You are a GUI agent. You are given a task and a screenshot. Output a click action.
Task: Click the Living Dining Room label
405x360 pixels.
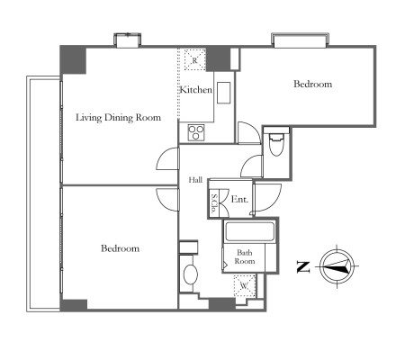click(x=118, y=118)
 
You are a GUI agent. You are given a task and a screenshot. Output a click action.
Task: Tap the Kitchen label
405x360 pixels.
click(x=196, y=89)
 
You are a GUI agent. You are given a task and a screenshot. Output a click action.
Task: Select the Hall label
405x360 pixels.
click(x=195, y=180)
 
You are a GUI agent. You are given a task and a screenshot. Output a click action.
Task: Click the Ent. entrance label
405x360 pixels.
click(x=239, y=199)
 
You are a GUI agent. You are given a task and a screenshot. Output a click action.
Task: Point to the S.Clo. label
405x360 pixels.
click(x=214, y=203)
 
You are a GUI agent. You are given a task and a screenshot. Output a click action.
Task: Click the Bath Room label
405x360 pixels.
click(x=245, y=256)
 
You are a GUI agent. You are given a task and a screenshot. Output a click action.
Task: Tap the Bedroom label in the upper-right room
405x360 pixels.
click(x=312, y=84)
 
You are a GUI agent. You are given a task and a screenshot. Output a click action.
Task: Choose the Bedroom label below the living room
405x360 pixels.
click(x=120, y=248)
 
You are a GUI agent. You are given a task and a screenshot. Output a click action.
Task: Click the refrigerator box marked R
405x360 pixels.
click(x=194, y=59)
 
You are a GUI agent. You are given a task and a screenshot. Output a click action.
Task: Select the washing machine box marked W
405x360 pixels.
click(x=245, y=285)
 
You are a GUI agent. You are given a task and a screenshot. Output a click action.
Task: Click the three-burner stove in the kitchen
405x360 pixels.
click(x=196, y=132)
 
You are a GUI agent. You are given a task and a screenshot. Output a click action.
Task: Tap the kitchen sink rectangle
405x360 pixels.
click(x=224, y=93)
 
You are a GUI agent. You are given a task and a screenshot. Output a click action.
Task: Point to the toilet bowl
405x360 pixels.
click(x=276, y=145)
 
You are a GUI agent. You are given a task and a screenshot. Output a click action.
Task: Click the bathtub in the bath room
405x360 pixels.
click(x=249, y=231)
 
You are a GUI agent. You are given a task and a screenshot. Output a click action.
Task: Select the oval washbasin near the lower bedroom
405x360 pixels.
click(x=191, y=274)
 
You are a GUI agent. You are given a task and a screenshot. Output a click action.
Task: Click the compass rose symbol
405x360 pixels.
click(x=337, y=266)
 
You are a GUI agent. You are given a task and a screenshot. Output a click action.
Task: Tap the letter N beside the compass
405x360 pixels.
click(x=303, y=267)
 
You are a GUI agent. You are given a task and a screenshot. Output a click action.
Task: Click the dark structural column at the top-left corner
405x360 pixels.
click(x=73, y=59)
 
